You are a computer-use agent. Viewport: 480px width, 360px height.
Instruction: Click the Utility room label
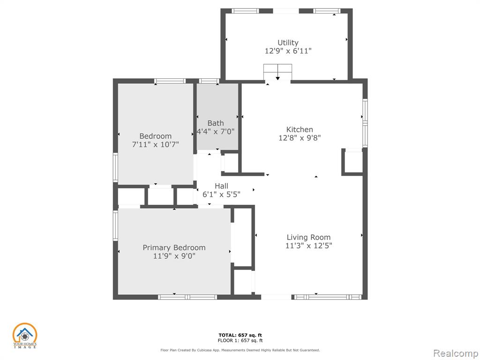click(288, 43)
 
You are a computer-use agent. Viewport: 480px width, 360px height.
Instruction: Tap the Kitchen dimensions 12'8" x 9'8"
click(300, 138)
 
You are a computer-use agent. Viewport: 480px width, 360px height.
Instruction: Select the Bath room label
click(216, 123)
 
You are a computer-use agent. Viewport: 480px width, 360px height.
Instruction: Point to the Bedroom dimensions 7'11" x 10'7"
click(155, 144)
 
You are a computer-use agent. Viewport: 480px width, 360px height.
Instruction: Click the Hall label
click(221, 186)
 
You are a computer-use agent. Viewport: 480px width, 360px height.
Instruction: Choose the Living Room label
click(308, 237)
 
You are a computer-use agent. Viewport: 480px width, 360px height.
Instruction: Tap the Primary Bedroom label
click(174, 247)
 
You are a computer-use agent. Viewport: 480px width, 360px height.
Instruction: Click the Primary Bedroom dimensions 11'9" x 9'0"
click(174, 256)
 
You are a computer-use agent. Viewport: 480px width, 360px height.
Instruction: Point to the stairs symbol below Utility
click(277, 72)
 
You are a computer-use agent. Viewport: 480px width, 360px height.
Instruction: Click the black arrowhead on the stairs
click(277, 78)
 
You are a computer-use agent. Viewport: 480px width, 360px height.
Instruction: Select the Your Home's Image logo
click(24, 336)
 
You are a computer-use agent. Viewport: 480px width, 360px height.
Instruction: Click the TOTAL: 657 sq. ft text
click(240, 335)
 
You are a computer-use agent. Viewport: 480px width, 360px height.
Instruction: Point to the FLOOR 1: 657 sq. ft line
click(240, 340)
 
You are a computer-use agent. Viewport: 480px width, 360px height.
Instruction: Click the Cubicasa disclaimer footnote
click(240, 350)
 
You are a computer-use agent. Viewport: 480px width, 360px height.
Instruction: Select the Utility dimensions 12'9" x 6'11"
click(288, 51)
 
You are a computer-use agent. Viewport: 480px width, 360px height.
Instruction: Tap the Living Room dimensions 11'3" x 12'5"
click(308, 246)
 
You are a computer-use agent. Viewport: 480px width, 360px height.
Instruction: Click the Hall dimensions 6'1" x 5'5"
click(221, 194)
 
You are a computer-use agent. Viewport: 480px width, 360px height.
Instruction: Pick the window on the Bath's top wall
click(209, 81)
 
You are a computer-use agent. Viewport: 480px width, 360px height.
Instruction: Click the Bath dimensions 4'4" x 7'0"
click(216, 132)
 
